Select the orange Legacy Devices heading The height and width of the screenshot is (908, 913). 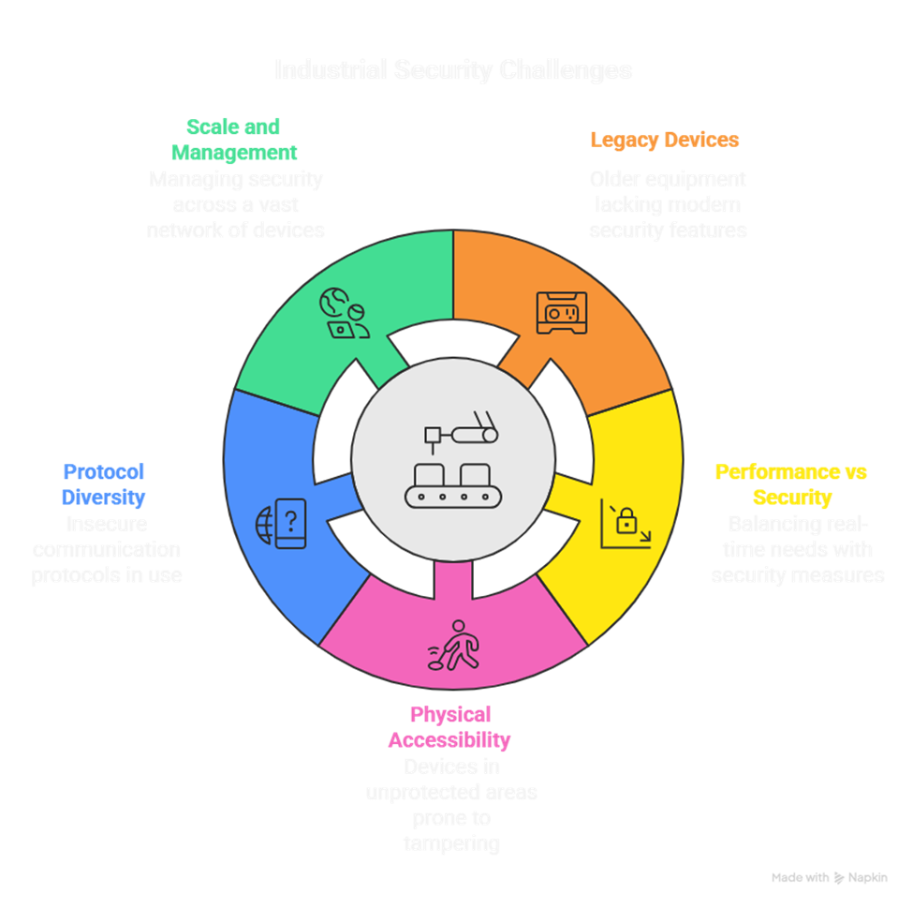665,141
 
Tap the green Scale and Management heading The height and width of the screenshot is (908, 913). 234,139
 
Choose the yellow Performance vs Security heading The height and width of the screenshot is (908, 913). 778,484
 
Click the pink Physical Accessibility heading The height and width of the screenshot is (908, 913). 449,727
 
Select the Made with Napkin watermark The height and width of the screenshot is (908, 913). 829,878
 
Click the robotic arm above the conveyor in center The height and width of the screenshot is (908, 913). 461,432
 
